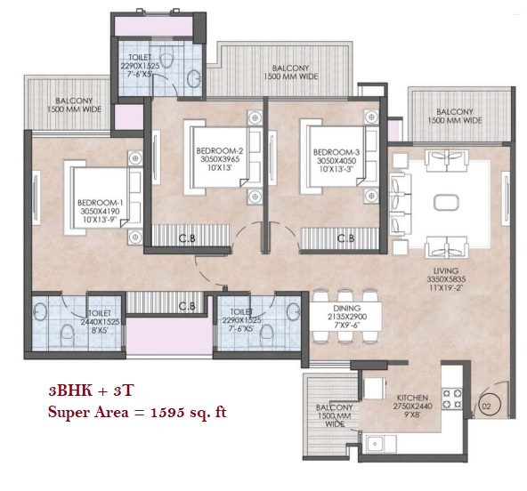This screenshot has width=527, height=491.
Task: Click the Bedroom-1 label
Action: tap(101, 203)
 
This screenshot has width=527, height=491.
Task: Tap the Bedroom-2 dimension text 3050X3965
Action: tap(220, 159)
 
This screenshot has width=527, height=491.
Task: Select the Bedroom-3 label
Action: tap(336, 152)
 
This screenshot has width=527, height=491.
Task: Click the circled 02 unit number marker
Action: tap(486, 406)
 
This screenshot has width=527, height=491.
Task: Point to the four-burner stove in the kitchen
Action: tap(451, 398)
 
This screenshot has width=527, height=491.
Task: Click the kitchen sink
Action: tap(374, 444)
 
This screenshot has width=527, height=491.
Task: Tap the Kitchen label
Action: tap(412, 398)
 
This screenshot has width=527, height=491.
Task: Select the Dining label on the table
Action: tap(347, 308)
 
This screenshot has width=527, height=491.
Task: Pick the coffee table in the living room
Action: tap(446, 203)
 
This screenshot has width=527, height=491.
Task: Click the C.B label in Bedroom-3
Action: tap(345, 238)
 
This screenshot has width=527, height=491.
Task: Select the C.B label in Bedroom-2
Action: tap(187, 238)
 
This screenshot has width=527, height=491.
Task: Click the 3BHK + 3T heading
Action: tap(92, 390)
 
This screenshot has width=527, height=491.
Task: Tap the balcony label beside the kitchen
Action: tap(335, 415)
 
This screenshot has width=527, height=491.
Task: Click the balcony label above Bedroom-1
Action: tap(74, 105)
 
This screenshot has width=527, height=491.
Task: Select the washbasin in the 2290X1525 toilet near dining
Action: tap(294, 311)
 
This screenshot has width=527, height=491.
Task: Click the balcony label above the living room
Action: tap(454, 116)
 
